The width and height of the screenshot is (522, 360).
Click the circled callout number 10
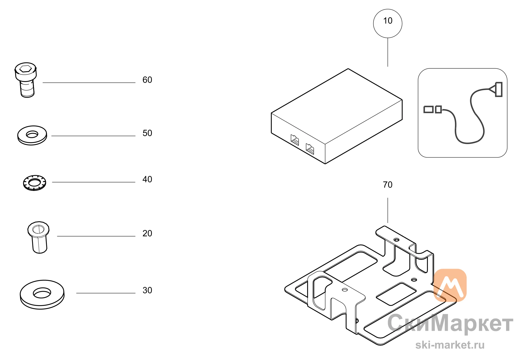(x=388, y=21)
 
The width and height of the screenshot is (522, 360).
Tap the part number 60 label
(x=147, y=80)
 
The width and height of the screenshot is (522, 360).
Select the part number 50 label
(x=147, y=133)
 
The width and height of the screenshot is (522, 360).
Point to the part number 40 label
(x=147, y=179)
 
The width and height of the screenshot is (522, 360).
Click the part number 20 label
(x=147, y=233)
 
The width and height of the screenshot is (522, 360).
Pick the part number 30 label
(x=147, y=290)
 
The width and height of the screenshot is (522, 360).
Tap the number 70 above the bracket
(x=388, y=185)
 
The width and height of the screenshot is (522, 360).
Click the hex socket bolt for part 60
(x=26, y=80)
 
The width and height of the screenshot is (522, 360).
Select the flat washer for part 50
(x=32, y=135)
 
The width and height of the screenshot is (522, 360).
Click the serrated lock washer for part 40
(x=34, y=183)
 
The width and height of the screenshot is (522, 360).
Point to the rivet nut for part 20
(x=39, y=237)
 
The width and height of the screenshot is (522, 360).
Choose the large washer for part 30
(x=42, y=295)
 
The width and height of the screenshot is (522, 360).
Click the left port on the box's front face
(x=295, y=140)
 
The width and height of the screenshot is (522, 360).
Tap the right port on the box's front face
(x=310, y=149)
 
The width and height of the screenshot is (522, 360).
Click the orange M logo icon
(x=450, y=285)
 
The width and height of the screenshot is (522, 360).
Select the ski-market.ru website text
(x=450, y=345)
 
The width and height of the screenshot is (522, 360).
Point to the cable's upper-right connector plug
(x=496, y=90)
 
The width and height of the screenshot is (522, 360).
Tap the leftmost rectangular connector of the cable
(x=428, y=109)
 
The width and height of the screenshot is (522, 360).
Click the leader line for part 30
(x=106, y=293)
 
